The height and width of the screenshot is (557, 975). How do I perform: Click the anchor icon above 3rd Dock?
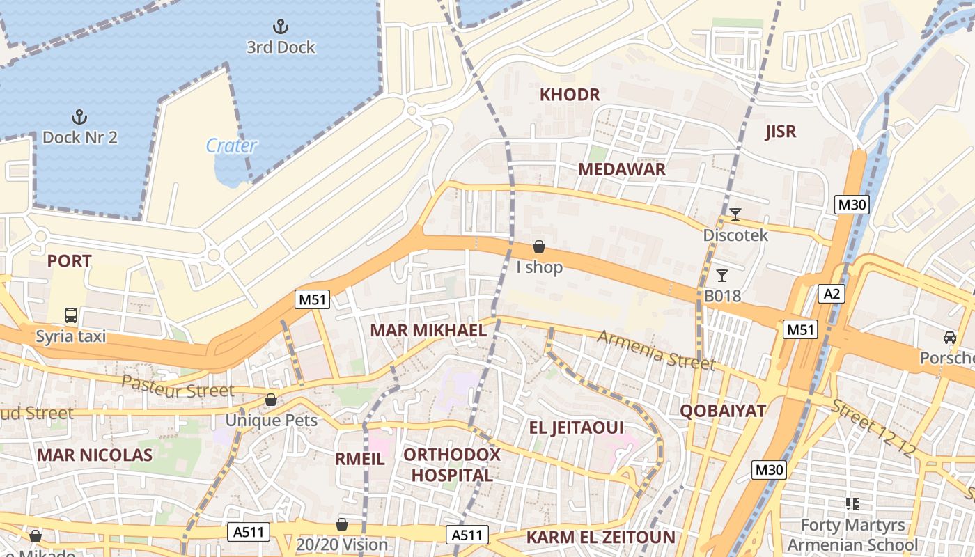pyautogui.click(x=280, y=27)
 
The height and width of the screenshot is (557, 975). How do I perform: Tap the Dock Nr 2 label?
pyautogui.click(x=79, y=137)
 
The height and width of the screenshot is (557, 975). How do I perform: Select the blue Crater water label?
pyautogui.click(x=231, y=146)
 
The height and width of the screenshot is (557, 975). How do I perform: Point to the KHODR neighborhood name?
pyautogui.click(x=570, y=95)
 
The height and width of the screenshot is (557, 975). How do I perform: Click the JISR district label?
pyautogui.click(x=780, y=132)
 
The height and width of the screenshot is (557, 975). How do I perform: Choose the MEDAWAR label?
pyautogui.click(x=622, y=169)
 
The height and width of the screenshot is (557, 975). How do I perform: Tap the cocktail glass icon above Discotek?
pyautogui.click(x=735, y=214)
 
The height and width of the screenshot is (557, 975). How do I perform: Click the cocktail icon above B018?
pyautogui.click(x=722, y=276)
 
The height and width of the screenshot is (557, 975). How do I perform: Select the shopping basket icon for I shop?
pyautogui.click(x=538, y=246)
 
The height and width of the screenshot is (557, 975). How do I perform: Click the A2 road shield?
pyautogui.click(x=832, y=294)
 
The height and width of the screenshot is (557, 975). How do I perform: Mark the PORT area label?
pyautogui.click(x=69, y=261)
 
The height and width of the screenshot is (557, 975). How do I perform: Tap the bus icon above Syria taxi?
pyautogui.click(x=71, y=315)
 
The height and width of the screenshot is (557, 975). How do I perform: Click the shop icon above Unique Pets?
pyautogui.click(x=271, y=400)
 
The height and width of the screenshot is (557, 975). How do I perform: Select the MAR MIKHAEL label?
pyautogui.click(x=428, y=330)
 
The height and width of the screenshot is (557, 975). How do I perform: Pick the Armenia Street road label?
pyautogui.click(x=656, y=350)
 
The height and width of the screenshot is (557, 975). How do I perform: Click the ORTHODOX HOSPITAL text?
pyautogui.click(x=452, y=465)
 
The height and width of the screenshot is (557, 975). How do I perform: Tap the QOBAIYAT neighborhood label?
pyautogui.click(x=723, y=411)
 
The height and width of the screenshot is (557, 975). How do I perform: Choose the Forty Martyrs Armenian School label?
pyautogui.click(x=852, y=535)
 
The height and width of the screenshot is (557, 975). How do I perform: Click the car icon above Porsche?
pyautogui.click(x=949, y=338)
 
